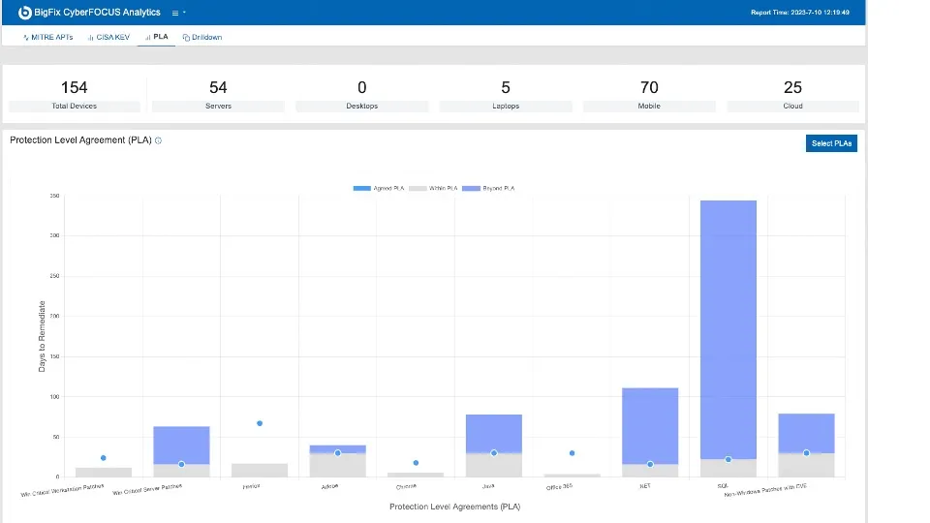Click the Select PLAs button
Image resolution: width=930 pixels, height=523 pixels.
(x=831, y=143)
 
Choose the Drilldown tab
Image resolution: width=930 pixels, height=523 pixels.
(x=202, y=37)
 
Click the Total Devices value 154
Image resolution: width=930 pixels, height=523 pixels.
(x=75, y=88)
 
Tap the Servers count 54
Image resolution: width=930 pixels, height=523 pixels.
(x=218, y=88)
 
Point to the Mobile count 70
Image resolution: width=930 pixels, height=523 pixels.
(x=649, y=88)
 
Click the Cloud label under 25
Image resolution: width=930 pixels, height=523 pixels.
(x=792, y=106)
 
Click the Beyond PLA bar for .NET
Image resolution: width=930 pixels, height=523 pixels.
(x=650, y=426)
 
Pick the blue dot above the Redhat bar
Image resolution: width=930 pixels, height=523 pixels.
(x=260, y=423)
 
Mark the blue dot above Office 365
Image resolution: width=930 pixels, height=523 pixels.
(x=572, y=453)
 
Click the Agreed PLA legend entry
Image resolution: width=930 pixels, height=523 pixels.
(x=379, y=188)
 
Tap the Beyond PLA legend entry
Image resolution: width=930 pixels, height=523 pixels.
(x=489, y=188)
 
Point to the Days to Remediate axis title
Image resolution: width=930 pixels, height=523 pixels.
(x=42, y=336)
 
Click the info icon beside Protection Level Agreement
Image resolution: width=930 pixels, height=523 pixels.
(x=159, y=140)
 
